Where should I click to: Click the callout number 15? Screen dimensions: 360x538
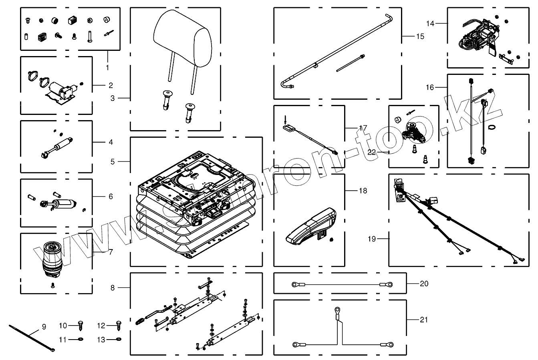coord(420,36)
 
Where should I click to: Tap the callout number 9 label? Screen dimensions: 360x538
coord(44,327)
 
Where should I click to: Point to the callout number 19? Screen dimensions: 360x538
coord(372,239)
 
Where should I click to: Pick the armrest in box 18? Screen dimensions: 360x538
coord(311,227)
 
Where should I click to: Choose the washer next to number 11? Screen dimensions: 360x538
coord(81,340)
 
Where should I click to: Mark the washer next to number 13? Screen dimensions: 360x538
coord(118,340)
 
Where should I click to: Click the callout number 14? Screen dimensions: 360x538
coord(430,24)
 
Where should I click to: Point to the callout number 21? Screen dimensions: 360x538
coord(424,320)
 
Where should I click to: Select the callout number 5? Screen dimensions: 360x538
coord(113,161)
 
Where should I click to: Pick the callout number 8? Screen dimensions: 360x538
coord(113,287)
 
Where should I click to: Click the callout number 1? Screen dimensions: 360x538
coord(107,67)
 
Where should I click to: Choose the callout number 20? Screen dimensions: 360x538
coord(424,284)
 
